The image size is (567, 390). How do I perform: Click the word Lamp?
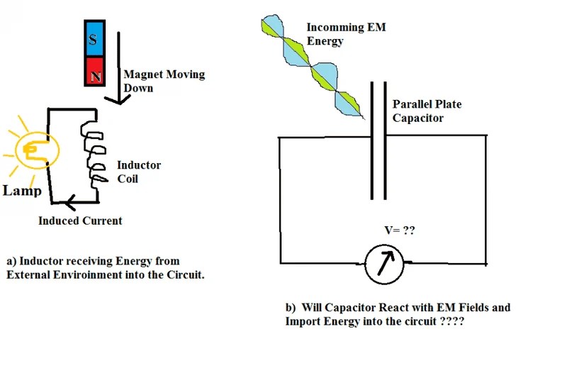pos(21,191)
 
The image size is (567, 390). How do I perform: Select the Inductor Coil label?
pos(138,172)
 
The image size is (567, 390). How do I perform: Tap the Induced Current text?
pos(80,221)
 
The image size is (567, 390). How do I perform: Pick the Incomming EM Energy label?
pos(337,34)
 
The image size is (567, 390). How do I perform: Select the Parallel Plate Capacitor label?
pos(427,111)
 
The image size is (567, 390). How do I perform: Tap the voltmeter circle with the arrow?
pos(384,264)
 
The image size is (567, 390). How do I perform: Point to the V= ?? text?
pos(398,230)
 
